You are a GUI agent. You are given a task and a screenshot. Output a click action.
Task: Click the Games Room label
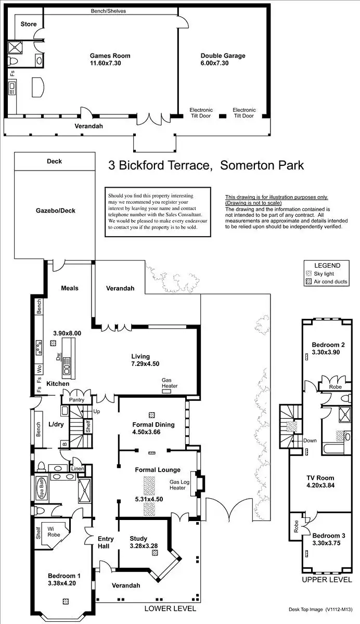pos(110,56)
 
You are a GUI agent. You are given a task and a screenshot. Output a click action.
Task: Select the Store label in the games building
pos(28,24)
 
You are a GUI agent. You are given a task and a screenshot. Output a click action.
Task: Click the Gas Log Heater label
pos(177,485)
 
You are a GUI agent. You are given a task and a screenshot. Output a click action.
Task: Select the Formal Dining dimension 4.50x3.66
pos(153,432)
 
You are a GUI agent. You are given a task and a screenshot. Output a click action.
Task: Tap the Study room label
pos(138,539)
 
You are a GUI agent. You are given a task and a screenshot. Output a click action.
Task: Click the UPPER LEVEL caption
pos(327,579)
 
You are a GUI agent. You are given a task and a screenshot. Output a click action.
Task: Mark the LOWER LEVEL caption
pos(170,608)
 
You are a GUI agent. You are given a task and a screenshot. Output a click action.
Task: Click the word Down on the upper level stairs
pos(310,440)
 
